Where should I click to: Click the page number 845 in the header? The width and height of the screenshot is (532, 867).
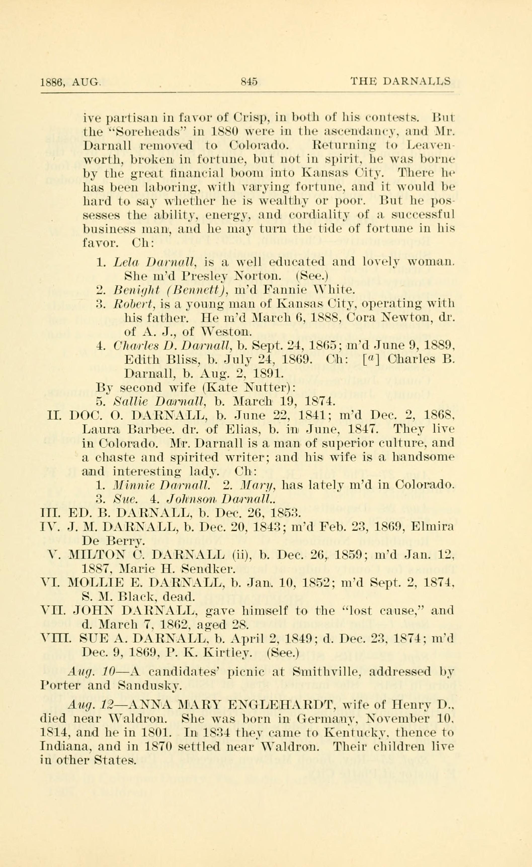coord(249,82)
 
